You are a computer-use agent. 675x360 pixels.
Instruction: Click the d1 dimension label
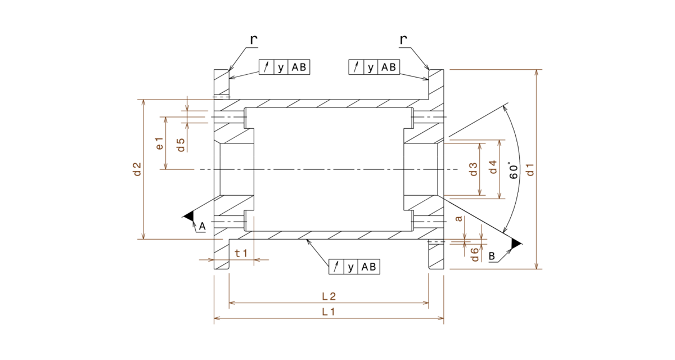click(x=529, y=169)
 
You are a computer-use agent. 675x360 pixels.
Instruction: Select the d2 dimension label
click(x=137, y=169)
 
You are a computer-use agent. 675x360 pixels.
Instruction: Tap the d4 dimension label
click(x=493, y=167)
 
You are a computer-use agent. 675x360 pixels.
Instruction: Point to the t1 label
click(x=241, y=254)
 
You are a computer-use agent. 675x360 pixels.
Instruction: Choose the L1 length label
click(x=328, y=312)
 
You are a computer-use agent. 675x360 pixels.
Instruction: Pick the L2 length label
click(x=328, y=296)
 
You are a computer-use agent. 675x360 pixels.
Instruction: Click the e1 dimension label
click(x=160, y=143)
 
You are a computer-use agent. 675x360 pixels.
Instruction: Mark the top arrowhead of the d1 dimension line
click(x=536, y=73)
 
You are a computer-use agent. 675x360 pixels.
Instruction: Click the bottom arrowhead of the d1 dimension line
click(x=536, y=265)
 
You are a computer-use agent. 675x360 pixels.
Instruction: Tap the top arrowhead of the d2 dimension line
click(x=143, y=103)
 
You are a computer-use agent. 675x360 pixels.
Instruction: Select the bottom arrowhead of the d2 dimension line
click(x=143, y=236)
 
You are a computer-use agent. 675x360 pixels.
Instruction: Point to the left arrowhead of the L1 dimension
click(x=218, y=318)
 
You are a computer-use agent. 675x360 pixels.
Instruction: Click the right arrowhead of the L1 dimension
click(x=440, y=318)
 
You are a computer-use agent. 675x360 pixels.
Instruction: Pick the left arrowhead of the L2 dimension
click(x=233, y=303)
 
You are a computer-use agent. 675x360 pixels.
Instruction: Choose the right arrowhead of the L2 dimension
click(x=425, y=303)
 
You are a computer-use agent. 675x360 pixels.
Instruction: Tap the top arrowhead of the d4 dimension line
click(x=499, y=143)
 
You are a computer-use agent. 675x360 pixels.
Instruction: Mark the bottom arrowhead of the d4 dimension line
click(x=499, y=195)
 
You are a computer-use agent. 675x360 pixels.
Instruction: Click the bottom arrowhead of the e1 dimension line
click(x=165, y=165)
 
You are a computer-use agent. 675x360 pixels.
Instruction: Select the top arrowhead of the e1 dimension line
click(x=165, y=120)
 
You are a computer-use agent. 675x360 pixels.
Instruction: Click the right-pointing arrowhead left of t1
click(x=210, y=260)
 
